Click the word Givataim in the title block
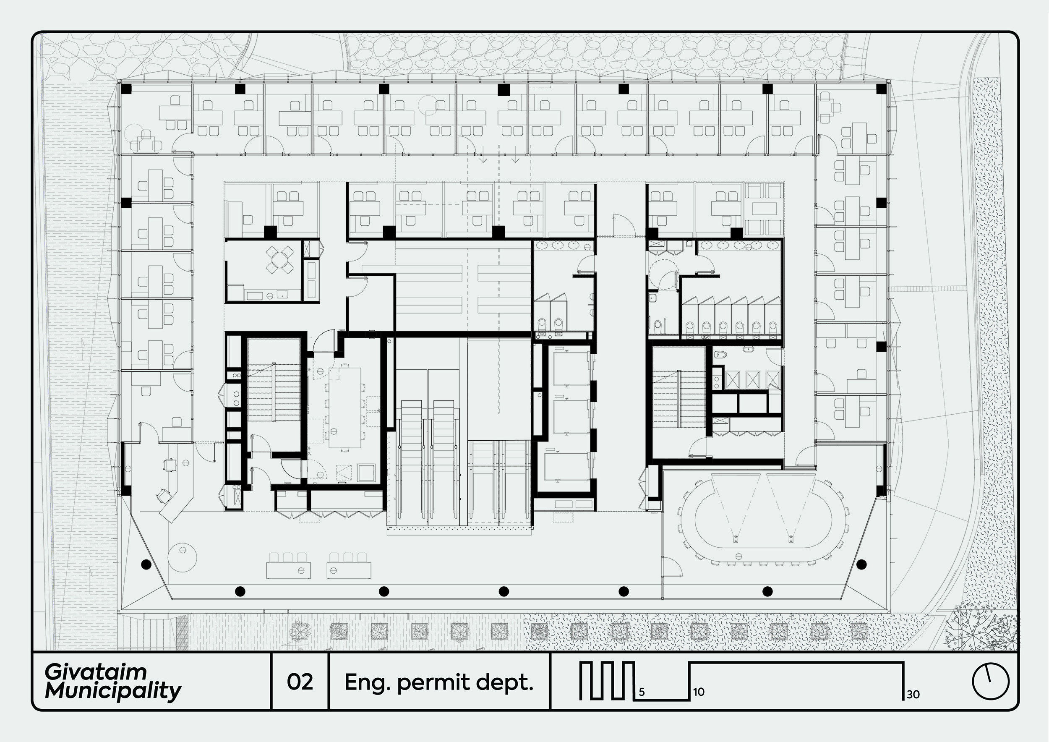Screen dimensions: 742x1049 tap(96, 672)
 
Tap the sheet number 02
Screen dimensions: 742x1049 tap(300, 682)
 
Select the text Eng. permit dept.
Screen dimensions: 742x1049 tap(438, 682)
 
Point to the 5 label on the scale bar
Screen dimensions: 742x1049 tap(642, 692)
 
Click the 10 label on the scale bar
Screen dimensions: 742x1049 tap(698, 692)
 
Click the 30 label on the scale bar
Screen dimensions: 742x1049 tap(913, 695)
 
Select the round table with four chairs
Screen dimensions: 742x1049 tap(279, 259)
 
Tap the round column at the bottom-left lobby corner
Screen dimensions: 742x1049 tap(146, 564)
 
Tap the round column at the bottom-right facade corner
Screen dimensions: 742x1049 tap(861, 564)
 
